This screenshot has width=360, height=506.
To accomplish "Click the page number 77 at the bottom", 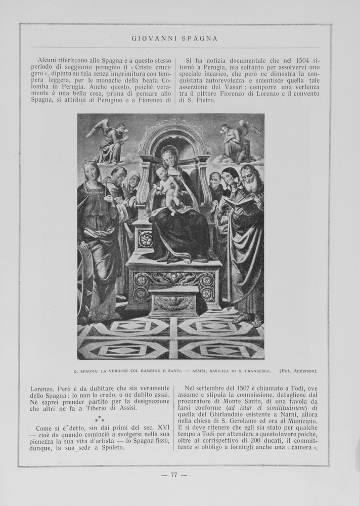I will pos(173,475).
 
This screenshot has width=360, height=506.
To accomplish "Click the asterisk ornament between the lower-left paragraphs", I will pos(100,418).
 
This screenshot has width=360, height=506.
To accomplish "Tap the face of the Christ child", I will pos(162,174).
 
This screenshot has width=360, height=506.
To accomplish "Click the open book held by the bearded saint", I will pos(240,203).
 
